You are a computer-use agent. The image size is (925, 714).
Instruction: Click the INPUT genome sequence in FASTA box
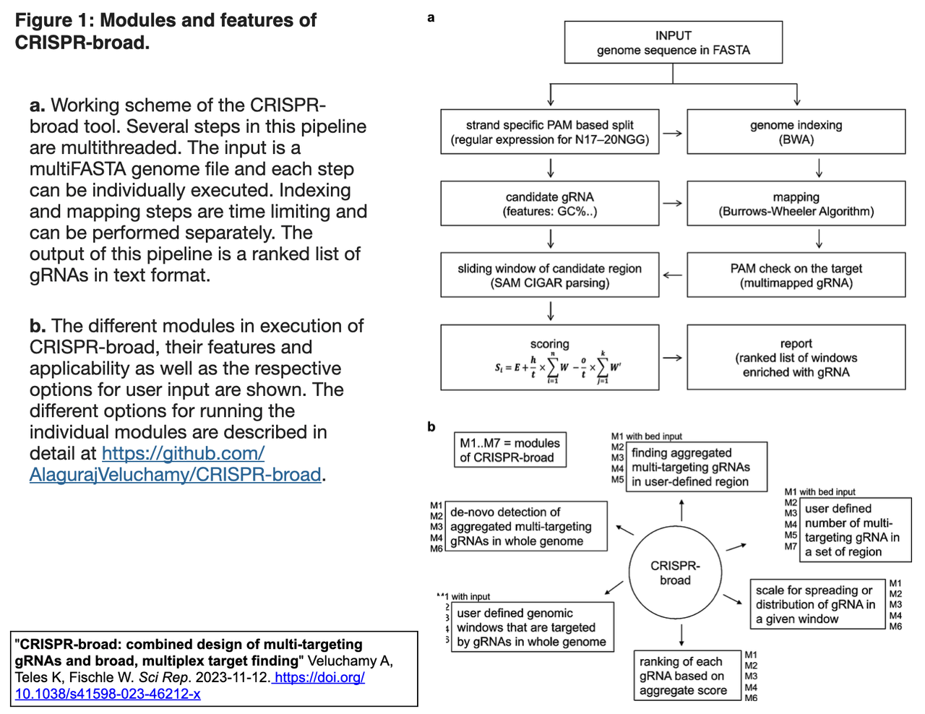point(673,43)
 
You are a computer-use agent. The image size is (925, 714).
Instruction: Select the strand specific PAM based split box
point(550,132)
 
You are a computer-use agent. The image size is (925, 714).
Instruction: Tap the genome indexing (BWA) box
point(796,132)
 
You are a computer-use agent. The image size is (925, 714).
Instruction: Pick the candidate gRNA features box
point(550,204)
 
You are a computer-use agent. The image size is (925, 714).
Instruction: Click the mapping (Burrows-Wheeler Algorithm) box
point(796,204)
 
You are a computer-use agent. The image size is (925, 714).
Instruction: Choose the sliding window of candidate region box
point(550,275)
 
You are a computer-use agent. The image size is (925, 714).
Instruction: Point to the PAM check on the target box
point(796,275)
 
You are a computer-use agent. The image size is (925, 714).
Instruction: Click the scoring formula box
point(550,358)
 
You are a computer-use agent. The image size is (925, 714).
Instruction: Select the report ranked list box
point(796,358)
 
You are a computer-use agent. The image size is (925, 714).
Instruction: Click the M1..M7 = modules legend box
point(509,450)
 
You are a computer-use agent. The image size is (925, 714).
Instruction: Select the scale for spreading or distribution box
point(817,604)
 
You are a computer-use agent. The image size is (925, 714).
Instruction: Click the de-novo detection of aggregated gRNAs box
point(525,526)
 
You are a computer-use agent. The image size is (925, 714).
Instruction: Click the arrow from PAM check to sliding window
point(673,275)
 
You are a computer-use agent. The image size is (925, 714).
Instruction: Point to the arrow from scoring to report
point(673,358)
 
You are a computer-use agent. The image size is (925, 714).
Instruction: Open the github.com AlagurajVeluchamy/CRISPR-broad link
point(176,464)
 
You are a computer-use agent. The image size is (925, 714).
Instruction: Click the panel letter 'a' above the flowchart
point(431,17)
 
